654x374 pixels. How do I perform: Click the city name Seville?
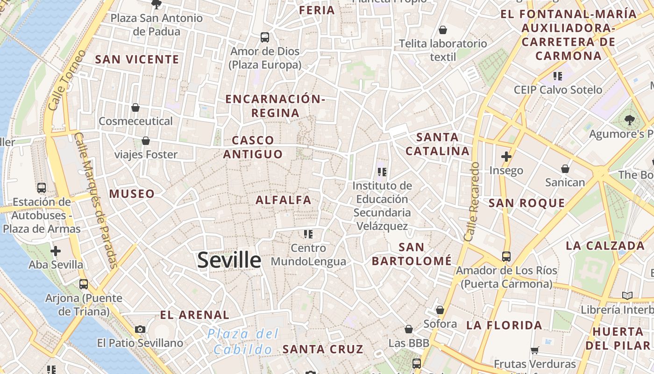(229, 260)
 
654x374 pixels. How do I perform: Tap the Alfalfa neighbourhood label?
(283, 200)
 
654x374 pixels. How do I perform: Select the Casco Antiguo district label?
(253, 147)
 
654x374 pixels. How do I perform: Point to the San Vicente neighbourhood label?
(137, 59)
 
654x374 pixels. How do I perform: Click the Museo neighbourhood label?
(132, 194)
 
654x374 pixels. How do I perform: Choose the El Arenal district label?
(195, 315)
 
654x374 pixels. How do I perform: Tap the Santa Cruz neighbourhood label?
(323, 349)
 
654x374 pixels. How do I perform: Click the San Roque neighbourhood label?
(526, 203)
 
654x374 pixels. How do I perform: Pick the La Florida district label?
(504, 325)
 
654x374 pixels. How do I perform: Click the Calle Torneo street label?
(67, 80)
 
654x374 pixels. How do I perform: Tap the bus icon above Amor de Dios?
(265, 37)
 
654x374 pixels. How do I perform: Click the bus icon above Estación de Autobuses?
(42, 188)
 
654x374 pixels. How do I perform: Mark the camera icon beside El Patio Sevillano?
(140, 329)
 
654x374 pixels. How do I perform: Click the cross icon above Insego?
(506, 157)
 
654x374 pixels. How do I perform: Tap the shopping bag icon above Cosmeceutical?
(135, 108)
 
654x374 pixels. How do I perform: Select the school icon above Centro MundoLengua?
(308, 234)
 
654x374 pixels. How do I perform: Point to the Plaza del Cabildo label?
(243, 341)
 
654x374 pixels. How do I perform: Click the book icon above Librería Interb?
(627, 295)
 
